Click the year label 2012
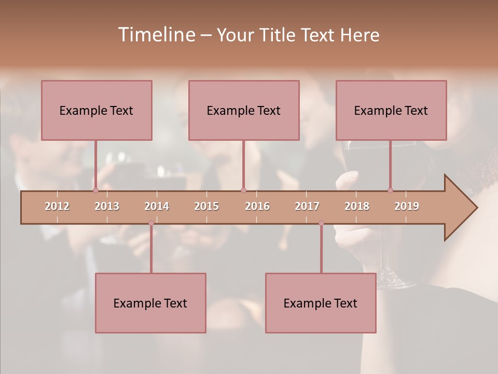click(x=57, y=206)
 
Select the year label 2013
click(x=107, y=206)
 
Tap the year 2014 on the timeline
click(x=157, y=206)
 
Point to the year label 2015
click(x=206, y=206)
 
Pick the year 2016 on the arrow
click(x=257, y=206)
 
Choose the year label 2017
click(x=307, y=206)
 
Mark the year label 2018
click(x=357, y=206)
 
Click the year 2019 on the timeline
click(x=407, y=206)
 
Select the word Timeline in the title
click(x=156, y=35)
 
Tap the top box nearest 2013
click(x=96, y=110)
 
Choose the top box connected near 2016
click(x=244, y=110)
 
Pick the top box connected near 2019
click(x=391, y=110)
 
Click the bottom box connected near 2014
click(x=150, y=303)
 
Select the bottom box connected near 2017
click(x=321, y=303)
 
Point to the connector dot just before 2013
click(x=95, y=190)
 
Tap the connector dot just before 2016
click(x=243, y=190)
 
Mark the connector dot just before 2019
click(x=390, y=190)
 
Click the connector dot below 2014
click(x=151, y=223)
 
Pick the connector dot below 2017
click(x=321, y=223)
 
